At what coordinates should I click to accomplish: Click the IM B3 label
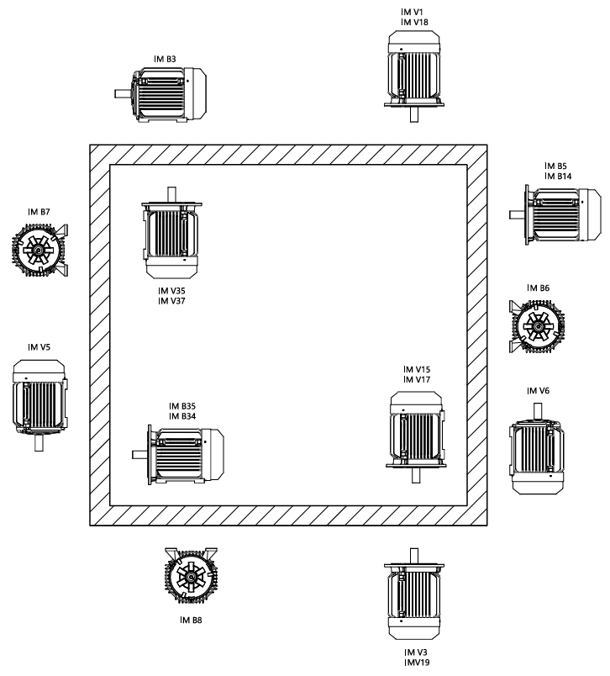pyautogui.click(x=165, y=59)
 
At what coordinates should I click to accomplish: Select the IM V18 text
pyautogui.click(x=413, y=24)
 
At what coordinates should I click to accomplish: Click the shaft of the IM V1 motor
pyautogui.click(x=413, y=114)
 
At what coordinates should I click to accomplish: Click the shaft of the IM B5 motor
pyautogui.click(x=517, y=214)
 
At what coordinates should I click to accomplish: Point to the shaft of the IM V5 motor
pyautogui.click(x=39, y=442)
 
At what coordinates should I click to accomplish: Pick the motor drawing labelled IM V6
pyautogui.click(x=536, y=454)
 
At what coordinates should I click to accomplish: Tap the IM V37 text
pyautogui.click(x=171, y=300)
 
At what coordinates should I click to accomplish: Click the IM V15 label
pyautogui.click(x=417, y=369)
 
